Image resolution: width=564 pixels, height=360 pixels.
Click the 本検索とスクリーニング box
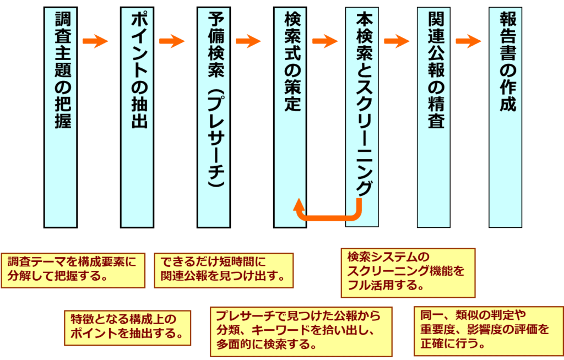(362, 110)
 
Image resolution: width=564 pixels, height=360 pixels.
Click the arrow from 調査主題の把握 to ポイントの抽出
(95, 41)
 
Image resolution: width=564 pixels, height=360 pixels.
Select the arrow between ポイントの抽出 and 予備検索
(171, 41)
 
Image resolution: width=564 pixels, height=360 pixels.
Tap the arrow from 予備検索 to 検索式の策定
(248, 41)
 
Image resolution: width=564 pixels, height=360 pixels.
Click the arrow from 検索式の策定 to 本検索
(324, 41)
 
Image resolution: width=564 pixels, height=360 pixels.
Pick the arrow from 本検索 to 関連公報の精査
(397, 41)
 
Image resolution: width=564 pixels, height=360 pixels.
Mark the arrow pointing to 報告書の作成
(469, 41)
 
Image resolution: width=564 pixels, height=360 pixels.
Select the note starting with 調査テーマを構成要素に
(73, 270)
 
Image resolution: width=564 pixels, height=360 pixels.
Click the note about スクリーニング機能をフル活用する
(408, 272)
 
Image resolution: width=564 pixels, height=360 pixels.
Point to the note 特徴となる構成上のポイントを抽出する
(128, 328)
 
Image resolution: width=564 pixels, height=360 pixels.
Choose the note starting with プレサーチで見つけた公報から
(301, 331)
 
